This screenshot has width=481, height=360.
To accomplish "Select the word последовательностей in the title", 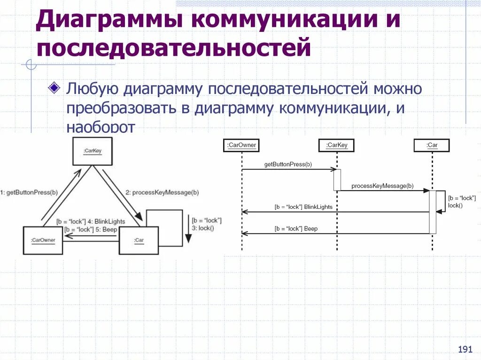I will click(x=174, y=48).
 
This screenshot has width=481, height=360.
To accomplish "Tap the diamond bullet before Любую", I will click(x=54, y=87).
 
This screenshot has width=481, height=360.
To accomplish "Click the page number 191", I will click(x=465, y=349).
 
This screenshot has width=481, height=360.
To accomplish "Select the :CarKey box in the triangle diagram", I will click(x=93, y=151).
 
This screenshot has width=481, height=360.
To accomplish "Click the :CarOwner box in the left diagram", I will click(x=43, y=240).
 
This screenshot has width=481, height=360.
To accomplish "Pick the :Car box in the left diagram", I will click(x=139, y=240).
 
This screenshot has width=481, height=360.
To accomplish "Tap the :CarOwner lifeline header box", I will click(x=241, y=146).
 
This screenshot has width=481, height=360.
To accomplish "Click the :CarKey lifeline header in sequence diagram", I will click(x=336, y=146).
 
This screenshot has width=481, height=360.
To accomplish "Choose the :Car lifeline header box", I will click(x=432, y=146).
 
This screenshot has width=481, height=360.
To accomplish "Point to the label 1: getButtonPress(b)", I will click(x=29, y=192).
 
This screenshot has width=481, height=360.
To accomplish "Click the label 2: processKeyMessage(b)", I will click(x=162, y=192).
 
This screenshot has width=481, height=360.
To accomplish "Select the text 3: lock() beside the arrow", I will click(x=203, y=228).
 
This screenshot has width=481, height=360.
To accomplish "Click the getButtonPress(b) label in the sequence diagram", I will click(x=288, y=165).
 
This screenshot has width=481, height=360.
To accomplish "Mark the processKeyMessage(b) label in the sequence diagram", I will click(x=382, y=186).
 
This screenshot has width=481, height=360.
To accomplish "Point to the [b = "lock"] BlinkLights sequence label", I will click(x=303, y=207).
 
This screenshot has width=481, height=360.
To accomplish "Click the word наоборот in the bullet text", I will click(x=101, y=128).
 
